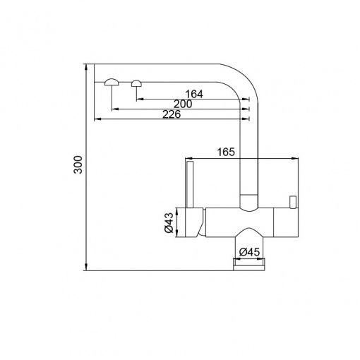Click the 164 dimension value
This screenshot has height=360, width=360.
pos(194,94)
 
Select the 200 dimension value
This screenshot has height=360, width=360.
pos(183,104)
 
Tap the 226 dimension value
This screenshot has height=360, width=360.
pos(172,114)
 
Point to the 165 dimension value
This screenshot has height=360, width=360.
pos(226,152)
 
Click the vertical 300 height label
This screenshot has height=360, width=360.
pos(78,164)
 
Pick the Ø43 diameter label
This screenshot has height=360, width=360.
pos(169,222)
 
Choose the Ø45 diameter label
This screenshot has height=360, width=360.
pos(249,253)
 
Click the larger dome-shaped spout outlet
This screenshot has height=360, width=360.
pos(112,82)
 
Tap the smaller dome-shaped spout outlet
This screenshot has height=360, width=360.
pos(136,83)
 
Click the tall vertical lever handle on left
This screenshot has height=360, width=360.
pos(189,184)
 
